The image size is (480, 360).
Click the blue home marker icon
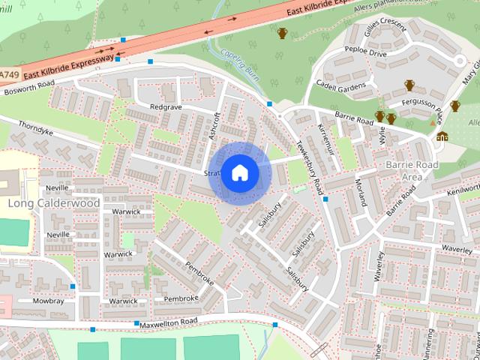239,172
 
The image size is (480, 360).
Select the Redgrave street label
166,107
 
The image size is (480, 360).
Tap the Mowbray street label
49,300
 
